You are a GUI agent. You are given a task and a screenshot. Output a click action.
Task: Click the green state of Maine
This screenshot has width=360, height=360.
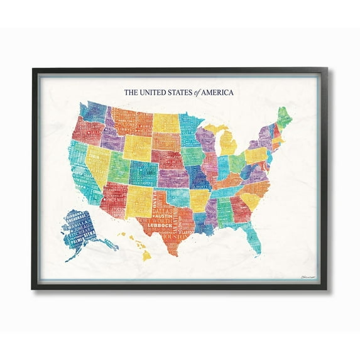pyautogui.click(x=284, y=117)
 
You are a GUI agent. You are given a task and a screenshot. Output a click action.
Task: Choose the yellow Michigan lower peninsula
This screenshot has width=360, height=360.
pyautogui.click(x=227, y=144)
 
